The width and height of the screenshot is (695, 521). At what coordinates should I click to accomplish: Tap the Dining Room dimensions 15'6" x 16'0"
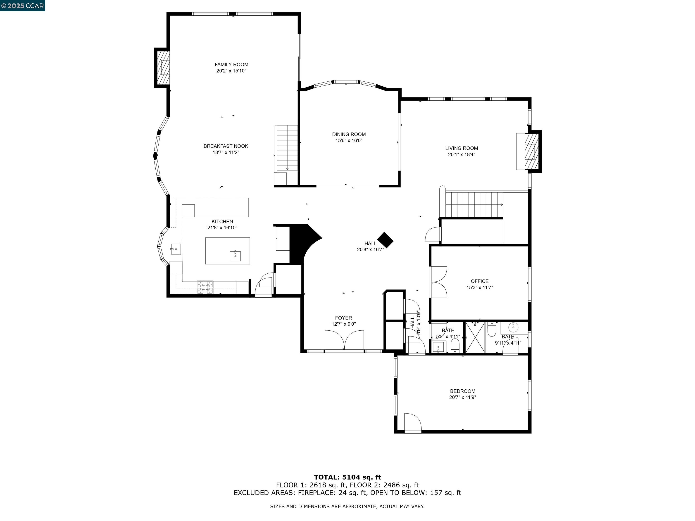pos(349,140)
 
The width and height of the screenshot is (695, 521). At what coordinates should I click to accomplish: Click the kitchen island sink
pos(235,256)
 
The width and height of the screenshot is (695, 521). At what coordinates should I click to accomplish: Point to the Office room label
pos(479,281)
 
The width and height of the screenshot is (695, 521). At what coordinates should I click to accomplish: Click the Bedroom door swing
pos(412,422)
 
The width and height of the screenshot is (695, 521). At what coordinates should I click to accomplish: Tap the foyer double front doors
pos(344,340)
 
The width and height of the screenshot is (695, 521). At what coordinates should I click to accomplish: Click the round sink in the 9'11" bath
pos(513,327)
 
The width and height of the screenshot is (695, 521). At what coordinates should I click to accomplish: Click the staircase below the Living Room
pos(474,204)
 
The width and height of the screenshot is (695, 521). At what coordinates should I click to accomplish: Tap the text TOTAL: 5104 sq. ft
pos(347,477)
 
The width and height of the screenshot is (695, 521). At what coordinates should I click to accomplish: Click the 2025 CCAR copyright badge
pos(22,6)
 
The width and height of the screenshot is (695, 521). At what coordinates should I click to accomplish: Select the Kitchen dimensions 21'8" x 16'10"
pos(222,228)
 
